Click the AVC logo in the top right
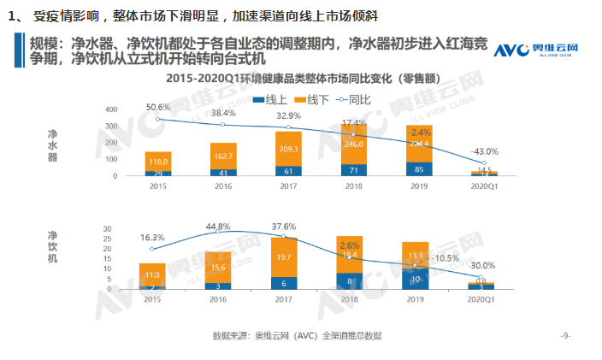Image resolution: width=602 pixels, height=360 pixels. coord(538,50)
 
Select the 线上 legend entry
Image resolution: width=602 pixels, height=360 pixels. coord(271,100)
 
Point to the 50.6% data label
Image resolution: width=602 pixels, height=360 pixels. coord(158,107)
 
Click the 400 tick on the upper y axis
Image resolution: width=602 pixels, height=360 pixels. coord(111,110)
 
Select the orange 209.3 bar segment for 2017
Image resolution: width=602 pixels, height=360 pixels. coord(288,149)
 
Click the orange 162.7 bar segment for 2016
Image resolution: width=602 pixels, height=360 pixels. coord(223,156)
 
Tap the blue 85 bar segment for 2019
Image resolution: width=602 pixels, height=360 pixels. coord(418,169)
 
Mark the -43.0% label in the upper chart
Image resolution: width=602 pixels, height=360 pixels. coord(484,150)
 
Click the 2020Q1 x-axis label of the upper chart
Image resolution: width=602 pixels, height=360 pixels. coord(484,185)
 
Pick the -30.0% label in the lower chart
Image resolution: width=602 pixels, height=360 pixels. coord(481,265)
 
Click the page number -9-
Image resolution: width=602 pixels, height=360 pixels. coord(565,335)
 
